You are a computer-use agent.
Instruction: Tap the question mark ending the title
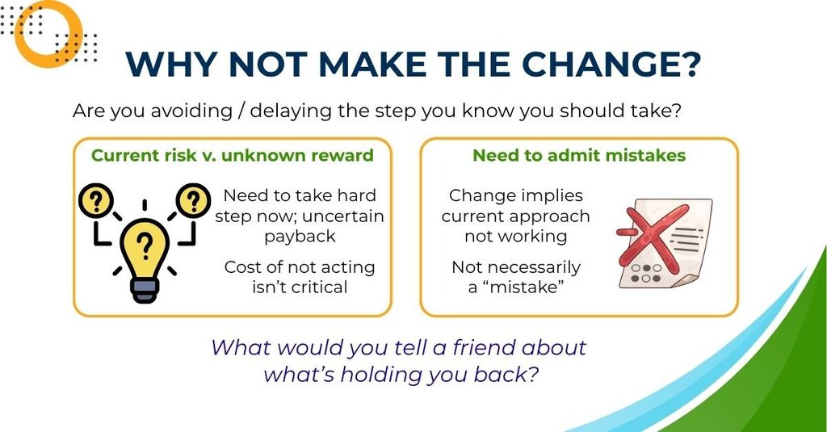[689, 64]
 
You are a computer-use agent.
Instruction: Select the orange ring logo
[48, 33]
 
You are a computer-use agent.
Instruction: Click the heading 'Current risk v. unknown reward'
[232, 156]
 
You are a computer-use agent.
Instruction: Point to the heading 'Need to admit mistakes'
[579, 156]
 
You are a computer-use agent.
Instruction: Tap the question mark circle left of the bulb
[96, 201]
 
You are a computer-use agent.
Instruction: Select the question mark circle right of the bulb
[194, 200]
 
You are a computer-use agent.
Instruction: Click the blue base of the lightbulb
[145, 291]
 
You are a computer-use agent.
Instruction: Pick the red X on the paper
[653, 235]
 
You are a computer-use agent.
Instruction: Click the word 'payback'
[300, 237]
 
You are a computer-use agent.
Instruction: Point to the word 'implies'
[549, 195]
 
